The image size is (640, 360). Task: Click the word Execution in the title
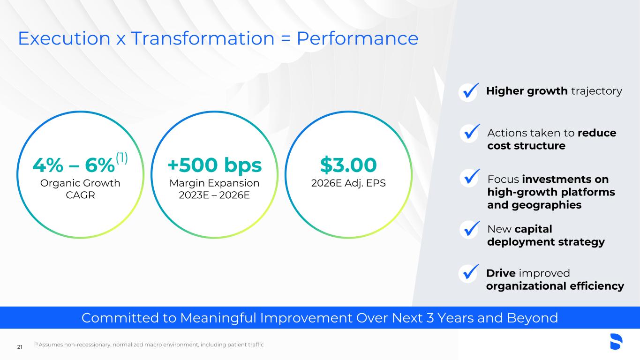click(64, 38)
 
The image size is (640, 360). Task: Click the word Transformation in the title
click(203, 38)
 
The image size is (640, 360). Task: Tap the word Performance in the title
click(357, 38)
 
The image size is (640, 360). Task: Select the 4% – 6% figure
click(74, 165)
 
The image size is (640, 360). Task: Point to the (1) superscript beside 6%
click(122, 157)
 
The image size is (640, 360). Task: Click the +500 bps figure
click(214, 165)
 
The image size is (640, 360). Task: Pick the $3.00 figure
click(348, 165)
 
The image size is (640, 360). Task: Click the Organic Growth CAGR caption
click(80, 189)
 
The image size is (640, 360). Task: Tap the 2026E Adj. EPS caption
click(348, 183)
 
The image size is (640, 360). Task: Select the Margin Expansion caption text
click(214, 183)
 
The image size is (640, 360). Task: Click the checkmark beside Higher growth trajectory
click(469, 91)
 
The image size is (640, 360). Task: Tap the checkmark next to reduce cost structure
click(470, 133)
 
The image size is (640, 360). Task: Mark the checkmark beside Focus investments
click(470, 178)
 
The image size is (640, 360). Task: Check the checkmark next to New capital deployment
click(470, 229)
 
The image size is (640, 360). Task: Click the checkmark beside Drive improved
click(469, 273)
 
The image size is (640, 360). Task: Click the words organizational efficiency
click(555, 286)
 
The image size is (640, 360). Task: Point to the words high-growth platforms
click(551, 192)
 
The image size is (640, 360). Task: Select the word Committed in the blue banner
click(120, 318)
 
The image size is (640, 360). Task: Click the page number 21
click(20, 347)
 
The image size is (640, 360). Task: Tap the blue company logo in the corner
click(616, 341)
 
